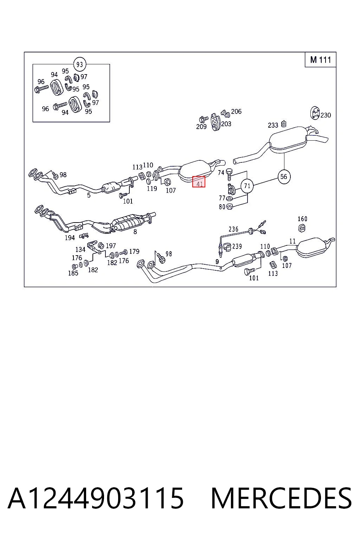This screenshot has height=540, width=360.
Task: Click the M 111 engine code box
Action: (x=320, y=59)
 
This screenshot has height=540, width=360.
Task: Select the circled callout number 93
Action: (x=79, y=64)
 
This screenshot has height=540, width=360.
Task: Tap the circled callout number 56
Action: (x=284, y=177)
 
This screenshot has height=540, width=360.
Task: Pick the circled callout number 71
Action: (x=247, y=186)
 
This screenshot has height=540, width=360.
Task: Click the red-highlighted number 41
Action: (x=199, y=182)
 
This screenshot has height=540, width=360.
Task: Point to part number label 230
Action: (x=326, y=115)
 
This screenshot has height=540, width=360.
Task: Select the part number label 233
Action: (x=273, y=125)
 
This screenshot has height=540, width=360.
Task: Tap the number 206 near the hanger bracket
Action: (x=236, y=111)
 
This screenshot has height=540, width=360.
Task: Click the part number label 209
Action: (x=201, y=127)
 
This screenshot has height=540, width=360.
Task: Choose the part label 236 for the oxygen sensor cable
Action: (x=233, y=229)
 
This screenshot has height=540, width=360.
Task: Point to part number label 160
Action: (x=302, y=219)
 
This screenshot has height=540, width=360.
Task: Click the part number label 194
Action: (x=70, y=238)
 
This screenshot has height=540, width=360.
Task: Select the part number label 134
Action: (x=80, y=249)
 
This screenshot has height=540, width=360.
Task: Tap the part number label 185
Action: (x=73, y=273)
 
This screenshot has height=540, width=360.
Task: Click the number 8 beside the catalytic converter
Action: (x=135, y=232)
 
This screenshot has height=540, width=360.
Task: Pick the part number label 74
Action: (x=221, y=173)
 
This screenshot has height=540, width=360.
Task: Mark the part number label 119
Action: (x=152, y=188)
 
